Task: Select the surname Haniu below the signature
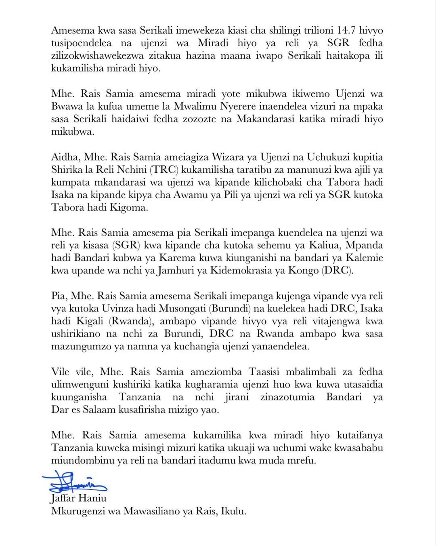pyautogui.click(x=92, y=498)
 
